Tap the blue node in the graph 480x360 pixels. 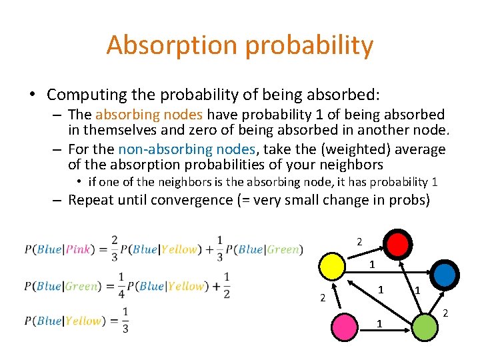click(x=445, y=273)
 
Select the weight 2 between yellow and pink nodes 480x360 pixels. click(x=322, y=297)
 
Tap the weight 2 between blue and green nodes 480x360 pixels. click(x=446, y=313)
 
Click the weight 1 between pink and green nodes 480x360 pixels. click(x=379, y=324)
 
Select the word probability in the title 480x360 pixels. click(x=307, y=45)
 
